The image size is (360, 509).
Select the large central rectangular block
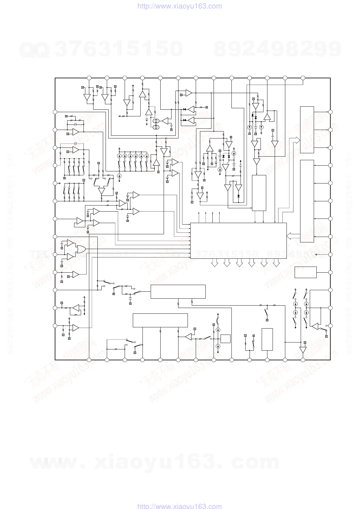click(x=238, y=241)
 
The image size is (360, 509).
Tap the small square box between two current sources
click(x=225, y=339)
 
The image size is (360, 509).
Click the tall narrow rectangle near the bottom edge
click(x=267, y=339)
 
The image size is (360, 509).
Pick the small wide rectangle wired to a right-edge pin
click(x=306, y=272)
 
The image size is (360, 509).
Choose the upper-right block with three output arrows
click(x=307, y=130)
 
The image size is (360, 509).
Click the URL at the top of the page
click(x=180, y=6)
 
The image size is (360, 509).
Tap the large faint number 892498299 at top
click(x=277, y=49)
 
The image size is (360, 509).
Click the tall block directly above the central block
click(x=259, y=193)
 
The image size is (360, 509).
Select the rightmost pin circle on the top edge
click(x=303, y=78)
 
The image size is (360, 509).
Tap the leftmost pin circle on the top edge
click(x=89, y=78)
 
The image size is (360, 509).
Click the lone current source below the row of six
click(x=119, y=176)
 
